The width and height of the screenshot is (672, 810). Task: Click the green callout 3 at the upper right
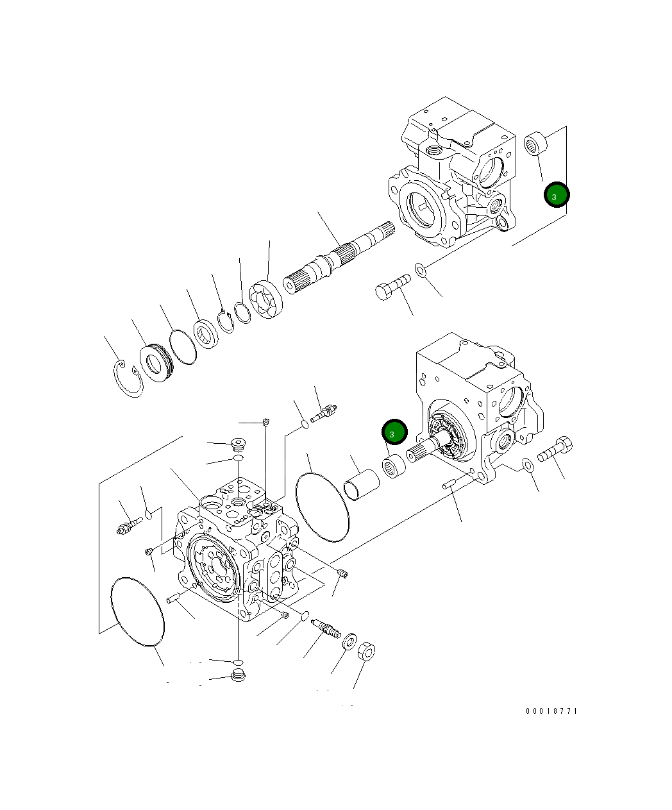click(x=557, y=194)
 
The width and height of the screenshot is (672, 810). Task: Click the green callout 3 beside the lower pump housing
click(x=394, y=433)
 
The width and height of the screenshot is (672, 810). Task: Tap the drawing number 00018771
click(x=551, y=711)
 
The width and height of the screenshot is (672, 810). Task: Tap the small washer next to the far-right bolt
click(x=528, y=464)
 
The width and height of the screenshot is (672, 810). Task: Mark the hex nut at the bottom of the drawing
click(x=365, y=653)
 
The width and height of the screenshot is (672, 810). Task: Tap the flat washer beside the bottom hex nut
click(x=349, y=641)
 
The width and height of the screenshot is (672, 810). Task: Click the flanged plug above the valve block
click(x=239, y=443)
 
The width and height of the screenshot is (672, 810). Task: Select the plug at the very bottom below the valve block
click(x=238, y=675)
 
